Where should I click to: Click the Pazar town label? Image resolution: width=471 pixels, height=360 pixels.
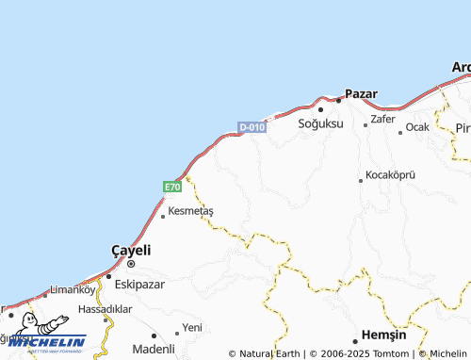coord(362,94)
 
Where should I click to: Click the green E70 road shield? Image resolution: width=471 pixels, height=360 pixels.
coord(172,188)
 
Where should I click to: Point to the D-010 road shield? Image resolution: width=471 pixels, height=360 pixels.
coord(252,127)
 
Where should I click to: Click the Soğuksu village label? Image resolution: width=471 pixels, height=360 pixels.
coord(320,123)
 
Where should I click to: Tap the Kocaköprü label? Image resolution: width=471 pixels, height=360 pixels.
coord(390,176)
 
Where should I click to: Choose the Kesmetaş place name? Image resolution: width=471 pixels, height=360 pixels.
coord(190,211)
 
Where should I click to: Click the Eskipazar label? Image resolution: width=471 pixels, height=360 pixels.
coord(140,283)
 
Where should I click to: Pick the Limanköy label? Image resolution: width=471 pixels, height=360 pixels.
coord(73,289)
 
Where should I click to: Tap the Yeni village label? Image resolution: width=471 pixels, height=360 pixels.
coord(192,327)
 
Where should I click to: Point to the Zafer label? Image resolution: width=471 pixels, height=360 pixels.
coord(382,120)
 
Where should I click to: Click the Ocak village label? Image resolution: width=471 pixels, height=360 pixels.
coord(416,127)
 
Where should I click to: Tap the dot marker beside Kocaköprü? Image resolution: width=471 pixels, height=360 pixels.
coord(360,180)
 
